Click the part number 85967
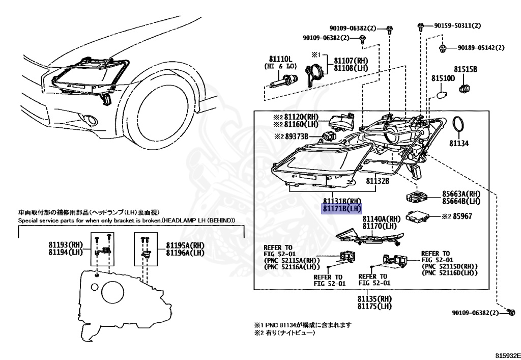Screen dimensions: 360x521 (x=463, y=216)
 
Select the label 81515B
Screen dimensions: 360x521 (x=465, y=69)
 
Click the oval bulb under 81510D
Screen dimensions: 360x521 (x=442, y=95)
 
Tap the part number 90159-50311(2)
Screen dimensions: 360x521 (x=457, y=25)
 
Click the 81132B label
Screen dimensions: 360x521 (x=378, y=181)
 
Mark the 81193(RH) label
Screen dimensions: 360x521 (x=66, y=245)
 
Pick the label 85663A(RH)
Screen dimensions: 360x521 (x=460, y=194)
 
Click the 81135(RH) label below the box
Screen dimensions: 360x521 (x=374, y=298)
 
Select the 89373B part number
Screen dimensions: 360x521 (x=301, y=136)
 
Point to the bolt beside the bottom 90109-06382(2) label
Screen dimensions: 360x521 (x=512, y=312)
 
